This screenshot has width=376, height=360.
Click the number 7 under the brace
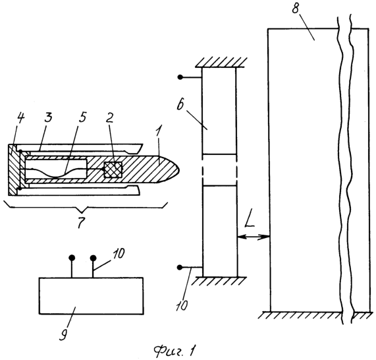81,223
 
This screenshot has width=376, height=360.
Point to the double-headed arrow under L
254,237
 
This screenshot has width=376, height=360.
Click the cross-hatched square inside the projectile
113,169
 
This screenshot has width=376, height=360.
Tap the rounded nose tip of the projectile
179,169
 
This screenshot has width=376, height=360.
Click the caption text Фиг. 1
175,350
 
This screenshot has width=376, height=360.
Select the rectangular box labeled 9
92,295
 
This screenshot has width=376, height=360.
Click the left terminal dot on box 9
72,258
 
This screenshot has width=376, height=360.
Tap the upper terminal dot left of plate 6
180,77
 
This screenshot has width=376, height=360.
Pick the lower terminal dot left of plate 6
180,267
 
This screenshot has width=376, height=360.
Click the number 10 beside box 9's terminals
118,254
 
